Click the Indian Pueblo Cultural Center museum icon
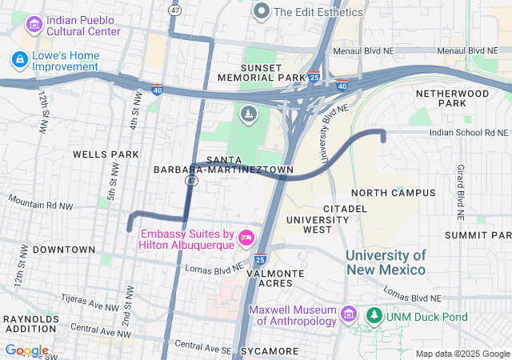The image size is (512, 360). tap(34, 26)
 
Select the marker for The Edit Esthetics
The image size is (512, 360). tap(261, 11)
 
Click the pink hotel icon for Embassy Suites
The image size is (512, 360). tap(246, 237)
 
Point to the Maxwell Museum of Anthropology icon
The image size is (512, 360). tap(348, 311)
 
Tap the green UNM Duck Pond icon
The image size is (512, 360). tap(374, 317)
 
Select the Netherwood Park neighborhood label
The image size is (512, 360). tap(452, 98)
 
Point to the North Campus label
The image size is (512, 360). tap(393, 193)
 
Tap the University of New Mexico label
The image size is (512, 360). tap(386, 262)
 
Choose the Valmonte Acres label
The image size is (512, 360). tap(275, 278)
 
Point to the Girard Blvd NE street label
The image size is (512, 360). tap(460, 193)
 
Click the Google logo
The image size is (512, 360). tap(26, 350)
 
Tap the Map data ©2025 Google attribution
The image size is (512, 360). tap(462, 354)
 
